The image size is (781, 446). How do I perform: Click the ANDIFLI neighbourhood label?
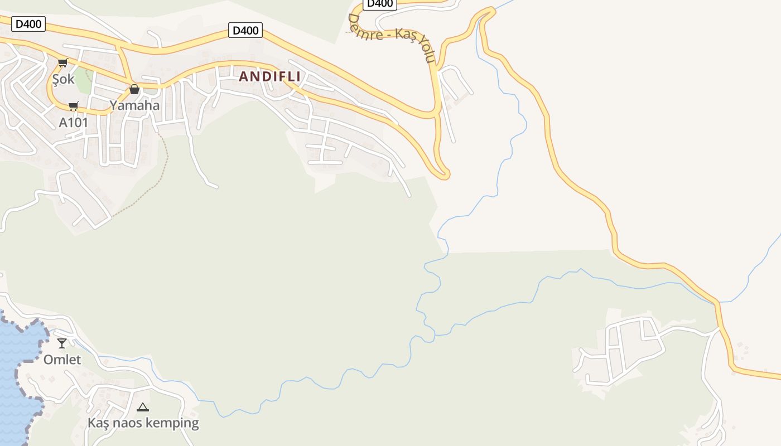[x=270, y=77]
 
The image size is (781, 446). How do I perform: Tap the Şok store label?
[x=63, y=79]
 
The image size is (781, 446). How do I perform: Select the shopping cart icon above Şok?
[x=62, y=63]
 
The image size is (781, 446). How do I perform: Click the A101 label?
[x=74, y=122]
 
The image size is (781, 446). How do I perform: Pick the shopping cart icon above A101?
[x=73, y=106]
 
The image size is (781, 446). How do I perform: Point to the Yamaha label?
[x=134, y=105]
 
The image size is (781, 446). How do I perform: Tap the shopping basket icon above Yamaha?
[x=134, y=89]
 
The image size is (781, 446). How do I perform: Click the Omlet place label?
[x=62, y=360]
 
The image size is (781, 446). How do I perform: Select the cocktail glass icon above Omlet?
[x=62, y=343]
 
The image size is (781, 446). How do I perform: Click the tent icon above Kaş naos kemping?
[x=143, y=407]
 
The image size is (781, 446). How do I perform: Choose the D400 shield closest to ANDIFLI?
[x=245, y=30]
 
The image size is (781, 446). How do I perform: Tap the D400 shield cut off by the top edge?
[x=380, y=4]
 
